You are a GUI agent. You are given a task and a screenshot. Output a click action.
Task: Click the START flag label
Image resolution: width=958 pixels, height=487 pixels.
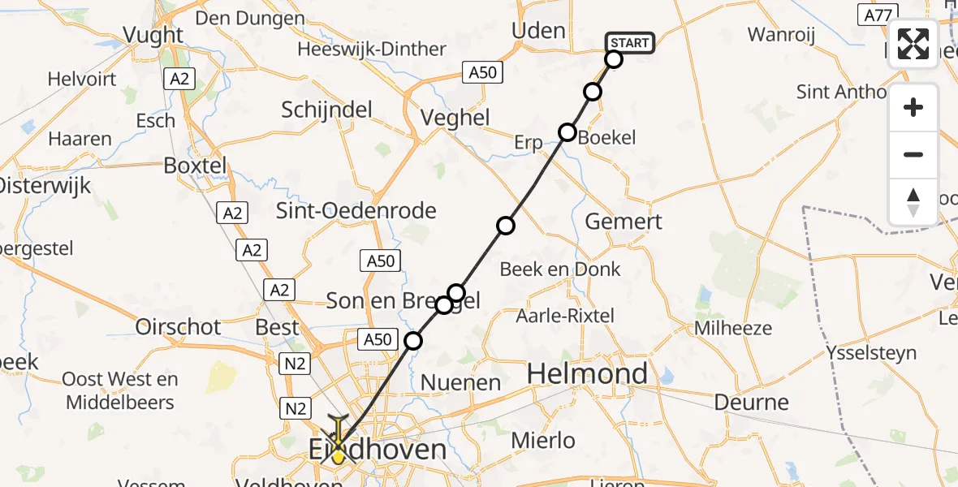629,43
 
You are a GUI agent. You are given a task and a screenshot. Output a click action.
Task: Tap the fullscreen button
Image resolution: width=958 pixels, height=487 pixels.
913,44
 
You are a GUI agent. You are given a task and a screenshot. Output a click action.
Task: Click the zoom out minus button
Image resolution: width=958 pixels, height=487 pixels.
913,154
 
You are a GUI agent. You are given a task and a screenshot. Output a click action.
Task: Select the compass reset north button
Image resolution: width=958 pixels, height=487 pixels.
913,201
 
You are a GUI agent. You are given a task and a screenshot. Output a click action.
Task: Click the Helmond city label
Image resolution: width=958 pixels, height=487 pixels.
587,374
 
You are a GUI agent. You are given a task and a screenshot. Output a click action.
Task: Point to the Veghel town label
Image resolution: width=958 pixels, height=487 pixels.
455,118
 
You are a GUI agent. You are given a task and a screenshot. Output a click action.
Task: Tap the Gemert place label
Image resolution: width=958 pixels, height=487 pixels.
624,221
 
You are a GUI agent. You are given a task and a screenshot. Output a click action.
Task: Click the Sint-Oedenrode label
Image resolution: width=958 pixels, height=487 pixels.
356,211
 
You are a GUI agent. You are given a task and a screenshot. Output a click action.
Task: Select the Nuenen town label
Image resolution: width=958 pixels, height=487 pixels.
460,382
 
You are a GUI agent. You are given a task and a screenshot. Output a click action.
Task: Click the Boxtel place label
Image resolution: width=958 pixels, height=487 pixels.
196,165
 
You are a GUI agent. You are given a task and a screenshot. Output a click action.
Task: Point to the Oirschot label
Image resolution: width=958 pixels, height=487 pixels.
177,326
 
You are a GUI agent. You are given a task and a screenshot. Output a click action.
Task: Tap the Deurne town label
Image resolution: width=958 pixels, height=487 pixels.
751,402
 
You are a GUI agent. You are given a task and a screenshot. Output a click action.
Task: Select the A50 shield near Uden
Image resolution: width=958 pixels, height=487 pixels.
482,72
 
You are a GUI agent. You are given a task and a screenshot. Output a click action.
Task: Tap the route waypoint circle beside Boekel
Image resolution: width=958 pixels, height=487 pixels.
567,132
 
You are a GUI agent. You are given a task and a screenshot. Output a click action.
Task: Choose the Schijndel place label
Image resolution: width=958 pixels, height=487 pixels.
326,110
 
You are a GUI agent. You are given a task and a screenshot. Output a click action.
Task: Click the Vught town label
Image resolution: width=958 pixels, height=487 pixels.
153,34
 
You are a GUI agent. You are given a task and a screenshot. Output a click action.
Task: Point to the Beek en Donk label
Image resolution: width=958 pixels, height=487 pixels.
560,269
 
